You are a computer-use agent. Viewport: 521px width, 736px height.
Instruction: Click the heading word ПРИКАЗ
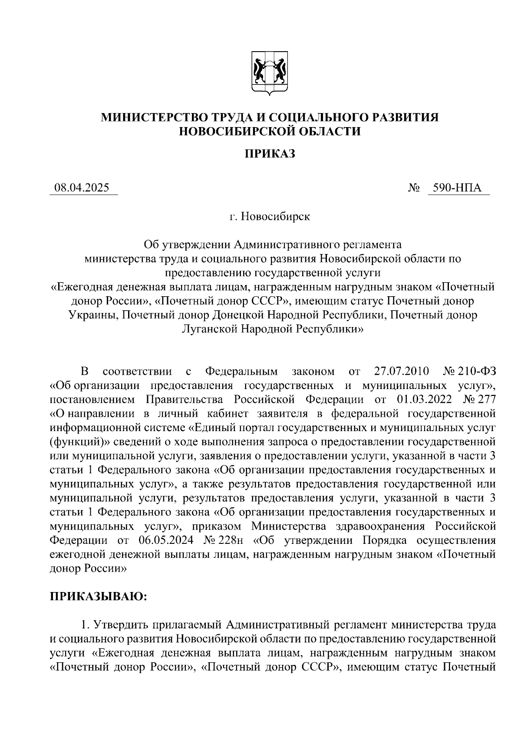pos(269,154)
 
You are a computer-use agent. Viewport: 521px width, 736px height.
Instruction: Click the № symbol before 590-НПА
pos(414,188)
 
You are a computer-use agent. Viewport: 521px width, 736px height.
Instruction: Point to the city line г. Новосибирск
pos(270,216)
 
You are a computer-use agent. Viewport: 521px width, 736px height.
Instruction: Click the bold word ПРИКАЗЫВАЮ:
pos(99,596)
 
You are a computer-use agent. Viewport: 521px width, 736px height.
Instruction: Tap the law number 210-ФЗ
pos(479,372)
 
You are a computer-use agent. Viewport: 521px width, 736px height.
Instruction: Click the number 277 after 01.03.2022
pos(486,399)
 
